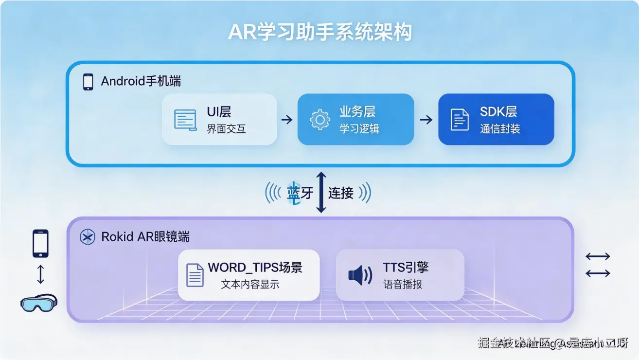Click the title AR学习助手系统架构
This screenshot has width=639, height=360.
pyautogui.click(x=319, y=33)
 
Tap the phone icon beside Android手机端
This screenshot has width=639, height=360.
pyautogui.click(x=88, y=82)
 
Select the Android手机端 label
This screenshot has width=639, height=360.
pyautogui.click(x=141, y=81)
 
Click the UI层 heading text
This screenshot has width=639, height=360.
pyautogui.click(x=219, y=112)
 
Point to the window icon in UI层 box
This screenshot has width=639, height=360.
pyautogui.click(x=185, y=120)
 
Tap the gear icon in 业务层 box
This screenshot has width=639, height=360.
pyautogui.click(x=319, y=120)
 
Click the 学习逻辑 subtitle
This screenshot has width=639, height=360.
pyautogui.click(x=359, y=128)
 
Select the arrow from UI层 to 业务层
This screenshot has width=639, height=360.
pyautogui.click(x=287, y=119)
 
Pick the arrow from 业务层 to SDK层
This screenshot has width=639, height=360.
pyautogui.click(x=426, y=119)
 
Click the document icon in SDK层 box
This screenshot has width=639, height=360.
pyautogui.click(x=460, y=120)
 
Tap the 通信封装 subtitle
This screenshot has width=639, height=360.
pyautogui.click(x=500, y=129)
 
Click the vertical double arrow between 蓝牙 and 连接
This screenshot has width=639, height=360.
pyautogui.click(x=321, y=192)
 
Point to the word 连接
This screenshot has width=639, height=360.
pyautogui.click(x=341, y=193)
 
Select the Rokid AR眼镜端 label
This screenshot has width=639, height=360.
pyautogui.click(x=145, y=237)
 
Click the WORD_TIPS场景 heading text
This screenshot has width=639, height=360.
pyautogui.click(x=255, y=268)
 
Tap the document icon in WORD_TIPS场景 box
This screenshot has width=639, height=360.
pyautogui.click(x=195, y=275)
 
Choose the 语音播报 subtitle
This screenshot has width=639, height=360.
pyautogui.click(x=403, y=284)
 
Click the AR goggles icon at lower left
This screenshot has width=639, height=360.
pyautogui.click(x=39, y=302)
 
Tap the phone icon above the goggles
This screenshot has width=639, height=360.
pyautogui.click(x=40, y=243)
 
